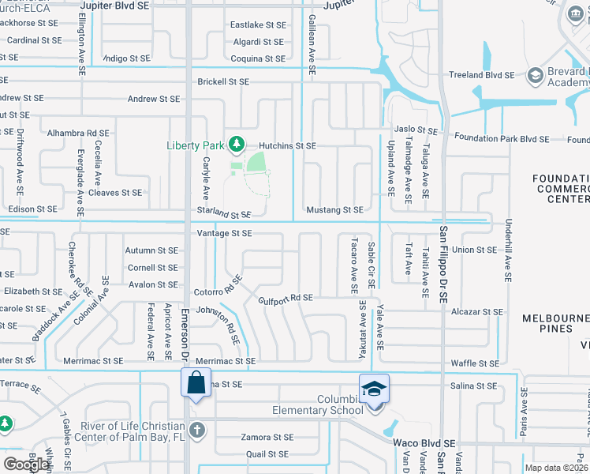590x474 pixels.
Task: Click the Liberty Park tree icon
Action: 234,144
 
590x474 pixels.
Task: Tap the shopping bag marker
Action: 195,384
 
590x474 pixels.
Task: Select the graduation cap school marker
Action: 373,388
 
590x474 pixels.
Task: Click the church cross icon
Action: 196,431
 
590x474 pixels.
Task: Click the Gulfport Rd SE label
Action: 286,299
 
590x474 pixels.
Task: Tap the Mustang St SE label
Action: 334,209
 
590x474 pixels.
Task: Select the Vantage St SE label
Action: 225,233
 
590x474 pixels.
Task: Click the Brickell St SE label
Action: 223,81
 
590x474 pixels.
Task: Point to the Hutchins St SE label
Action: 289,146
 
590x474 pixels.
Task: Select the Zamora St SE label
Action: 267,437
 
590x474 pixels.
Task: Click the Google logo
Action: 26,465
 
